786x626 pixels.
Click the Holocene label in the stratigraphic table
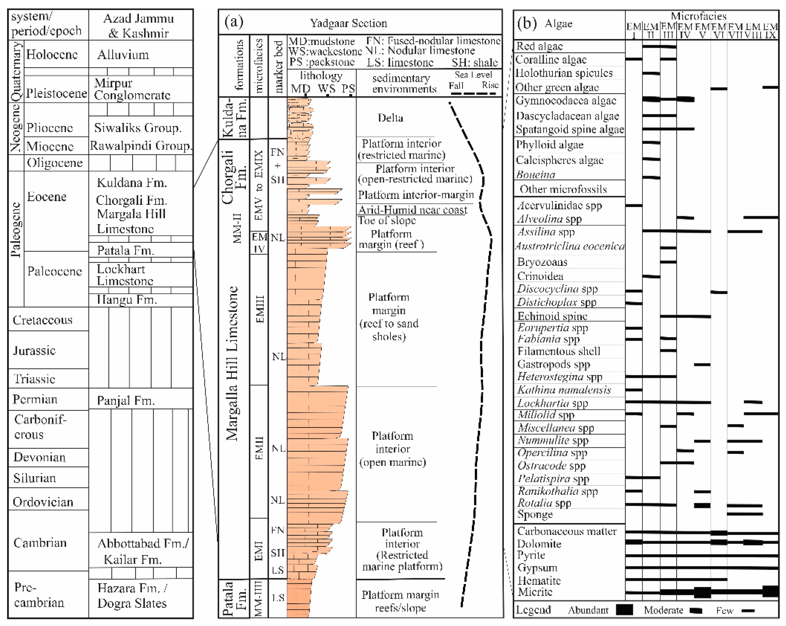pyautogui.click(x=52, y=55)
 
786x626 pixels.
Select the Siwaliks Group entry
pyautogui.click(x=138, y=128)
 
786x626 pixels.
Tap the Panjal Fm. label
pyautogui.click(x=126, y=401)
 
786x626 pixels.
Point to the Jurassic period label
pyautogui.click(x=34, y=351)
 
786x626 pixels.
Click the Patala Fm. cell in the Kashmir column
pyautogui.click(x=125, y=250)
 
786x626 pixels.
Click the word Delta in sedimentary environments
pyautogui.click(x=390, y=118)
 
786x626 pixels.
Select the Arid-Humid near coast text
pyautogui.click(x=412, y=210)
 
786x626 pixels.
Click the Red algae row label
pyautogui.click(x=539, y=46)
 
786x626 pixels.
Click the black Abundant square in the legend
pyautogui.click(x=624, y=610)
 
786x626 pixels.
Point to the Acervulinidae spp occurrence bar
pyautogui.click(x=633, y=206)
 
